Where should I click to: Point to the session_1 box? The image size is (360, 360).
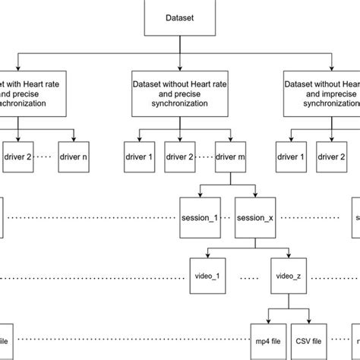(x=199, y=217)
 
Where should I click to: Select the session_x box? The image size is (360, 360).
(x=255, y=217)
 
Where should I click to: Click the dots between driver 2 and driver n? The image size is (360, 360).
(x=46, y=157)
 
